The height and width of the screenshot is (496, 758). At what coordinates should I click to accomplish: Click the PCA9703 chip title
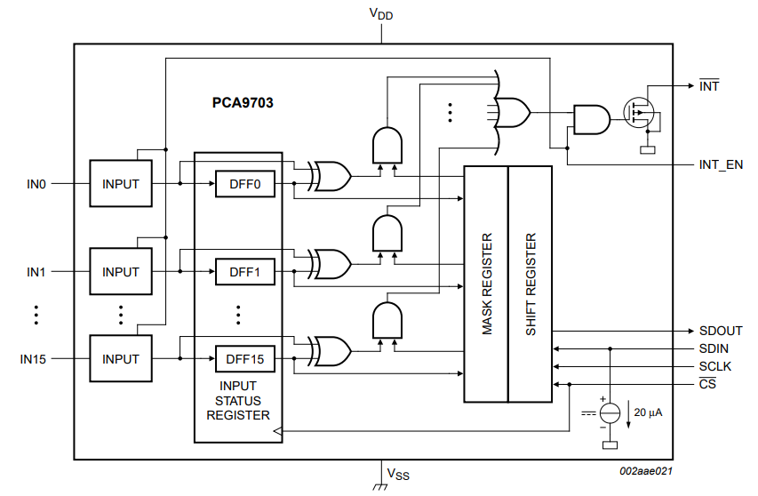point(243,103)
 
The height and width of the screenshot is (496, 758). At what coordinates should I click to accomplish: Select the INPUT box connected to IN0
point(121,184)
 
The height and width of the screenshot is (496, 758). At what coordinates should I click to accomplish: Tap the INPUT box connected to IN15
point(121,359)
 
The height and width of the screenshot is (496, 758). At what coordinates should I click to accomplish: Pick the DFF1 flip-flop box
point(244,272)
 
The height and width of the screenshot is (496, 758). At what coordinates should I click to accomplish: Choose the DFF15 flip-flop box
point(244,359)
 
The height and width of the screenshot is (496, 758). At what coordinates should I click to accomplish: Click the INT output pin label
point(709,86)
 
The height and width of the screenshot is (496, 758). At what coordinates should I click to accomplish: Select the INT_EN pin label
point(720,165)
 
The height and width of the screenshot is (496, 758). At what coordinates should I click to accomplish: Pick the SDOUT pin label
point(720,331)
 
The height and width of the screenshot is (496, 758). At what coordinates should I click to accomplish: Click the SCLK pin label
point(714,366)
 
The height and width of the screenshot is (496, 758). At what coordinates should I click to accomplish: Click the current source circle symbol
point(610,412)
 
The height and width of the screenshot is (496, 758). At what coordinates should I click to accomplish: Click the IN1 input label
point(36,272)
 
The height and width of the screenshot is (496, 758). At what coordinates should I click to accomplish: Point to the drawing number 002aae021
point(646,472)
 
